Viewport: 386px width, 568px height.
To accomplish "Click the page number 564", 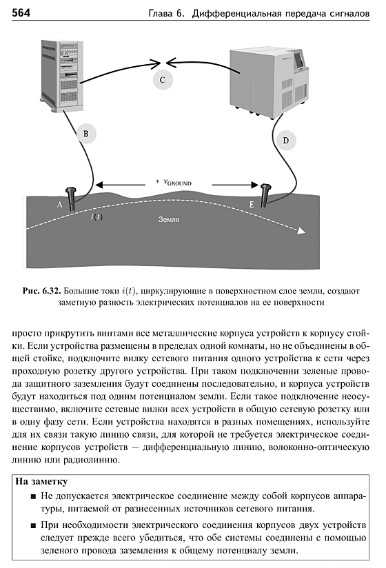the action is click(x=21, y=13).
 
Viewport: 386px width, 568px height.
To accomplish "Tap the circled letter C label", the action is click(x=163, y=80).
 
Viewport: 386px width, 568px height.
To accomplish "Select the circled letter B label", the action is click(x=86, y=134).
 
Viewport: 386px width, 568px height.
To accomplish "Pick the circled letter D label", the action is click(x=285, y=141).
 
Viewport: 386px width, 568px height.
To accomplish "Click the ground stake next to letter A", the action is click(x=70, y=199).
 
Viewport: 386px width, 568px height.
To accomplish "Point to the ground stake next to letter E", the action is click(x=266, y=196).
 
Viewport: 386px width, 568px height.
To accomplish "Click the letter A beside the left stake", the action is click(x=60, y=205).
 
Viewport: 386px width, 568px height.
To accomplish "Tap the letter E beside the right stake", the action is click(x=252, y=205).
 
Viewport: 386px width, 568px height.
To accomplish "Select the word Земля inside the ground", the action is click(x=169, y=219).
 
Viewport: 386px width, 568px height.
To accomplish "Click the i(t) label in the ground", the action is click(x=96, y=217).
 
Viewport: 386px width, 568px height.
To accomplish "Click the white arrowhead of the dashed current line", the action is click(x=301, y=231).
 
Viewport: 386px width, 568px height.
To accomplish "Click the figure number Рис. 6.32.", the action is click(x=42, y=291).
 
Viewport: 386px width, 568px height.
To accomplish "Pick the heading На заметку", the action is click(x=41, y=481).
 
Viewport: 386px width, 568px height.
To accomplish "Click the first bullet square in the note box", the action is click(x=34, y=496).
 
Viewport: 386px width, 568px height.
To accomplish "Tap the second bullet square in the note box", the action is click(x=34, y=526).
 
